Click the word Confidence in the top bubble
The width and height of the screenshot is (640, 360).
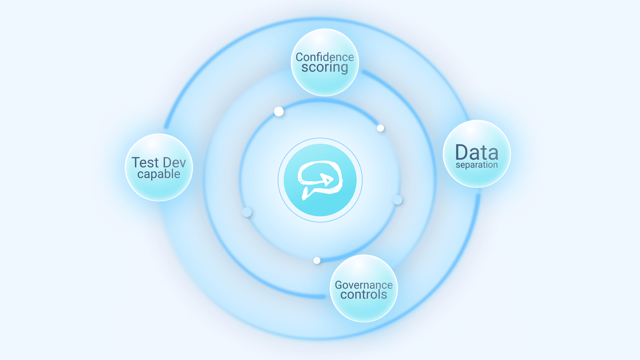pyautogui.click(x=325, y=57)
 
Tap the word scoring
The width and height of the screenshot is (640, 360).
pyautogui.click(x=325, y=68)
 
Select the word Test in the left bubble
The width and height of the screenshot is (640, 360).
pyautogui.click(x=145, y=163)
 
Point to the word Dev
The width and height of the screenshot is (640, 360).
pyautogui.click(x=174, y=163)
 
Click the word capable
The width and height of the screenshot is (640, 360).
pyautogui.click(x=159, y=174)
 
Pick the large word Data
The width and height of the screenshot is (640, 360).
pyautogui.click(x=477, y=152)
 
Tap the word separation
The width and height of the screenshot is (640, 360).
pyautogui.click(x=477, y=165)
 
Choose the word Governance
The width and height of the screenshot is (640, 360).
pyautogui.click(x=364, y=285)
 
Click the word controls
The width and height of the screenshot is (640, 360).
pyautogui.click(x=364, y=295)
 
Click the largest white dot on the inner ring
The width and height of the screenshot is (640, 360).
pyautogui.click(x=279, y=111)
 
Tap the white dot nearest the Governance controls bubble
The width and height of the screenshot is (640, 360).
pyautogui.click(x=317, y=260)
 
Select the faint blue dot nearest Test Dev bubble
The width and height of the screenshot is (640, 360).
pyautogui.click(x=247, y=212)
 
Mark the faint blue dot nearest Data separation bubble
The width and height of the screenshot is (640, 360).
pyautogui.click(x=397, y=200)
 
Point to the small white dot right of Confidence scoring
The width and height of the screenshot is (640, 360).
pyautogui.click(x=380, y=128)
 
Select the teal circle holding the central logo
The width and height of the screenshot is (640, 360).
pyautogui.click(x=320, y=180)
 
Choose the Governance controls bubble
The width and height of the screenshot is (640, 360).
pyautogui.click(x=364, y=288)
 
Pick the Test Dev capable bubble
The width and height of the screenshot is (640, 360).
pyautogui.click(x=159, y=167)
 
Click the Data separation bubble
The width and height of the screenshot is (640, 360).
pyautogui.click(x=477, y=154)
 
